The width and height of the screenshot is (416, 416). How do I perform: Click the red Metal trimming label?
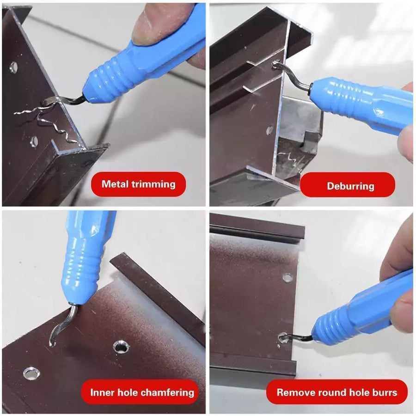click(x=138, y=184)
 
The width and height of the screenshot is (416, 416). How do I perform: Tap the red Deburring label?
click(x=348, y=186)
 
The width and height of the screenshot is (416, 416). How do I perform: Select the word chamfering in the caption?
click(x=165, y=393)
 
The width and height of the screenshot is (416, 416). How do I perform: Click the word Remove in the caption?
click(x=294, y=393)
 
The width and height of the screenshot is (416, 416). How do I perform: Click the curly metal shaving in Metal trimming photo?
click(x=51, y=118)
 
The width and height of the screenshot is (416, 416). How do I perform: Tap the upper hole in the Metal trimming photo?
click(x=13, y=67)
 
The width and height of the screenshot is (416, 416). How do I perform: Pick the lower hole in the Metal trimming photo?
click(x=34, y=141)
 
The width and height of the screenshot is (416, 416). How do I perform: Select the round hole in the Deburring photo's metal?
click(x=270, y=130)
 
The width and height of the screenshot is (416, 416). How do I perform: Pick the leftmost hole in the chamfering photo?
click(x=31, y=373)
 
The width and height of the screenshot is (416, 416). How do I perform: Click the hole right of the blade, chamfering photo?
click(x=121, y=347)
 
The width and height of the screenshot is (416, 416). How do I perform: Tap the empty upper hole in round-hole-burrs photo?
click(x=288, y=278)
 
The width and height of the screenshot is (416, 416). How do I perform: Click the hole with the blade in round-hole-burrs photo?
click(x=283, y=338)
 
